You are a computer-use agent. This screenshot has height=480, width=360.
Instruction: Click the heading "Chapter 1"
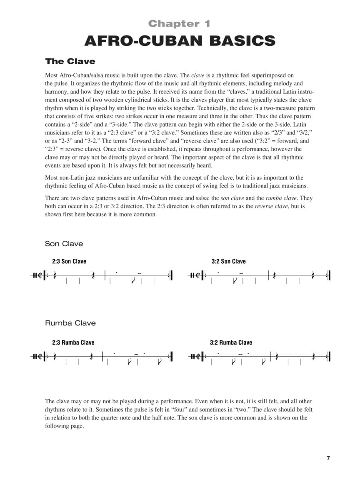(x=180, y=23)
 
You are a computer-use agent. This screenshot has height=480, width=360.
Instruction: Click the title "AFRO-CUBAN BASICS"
(x=180, y=41)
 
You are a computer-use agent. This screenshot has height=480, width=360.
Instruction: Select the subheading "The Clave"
(x=70, y=61)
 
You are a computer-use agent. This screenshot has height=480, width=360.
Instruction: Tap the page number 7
(x=328, y=447)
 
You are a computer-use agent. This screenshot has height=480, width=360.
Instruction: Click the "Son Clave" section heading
(x=64, y=244)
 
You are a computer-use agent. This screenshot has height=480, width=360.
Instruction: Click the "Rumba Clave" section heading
(x=70, y=323)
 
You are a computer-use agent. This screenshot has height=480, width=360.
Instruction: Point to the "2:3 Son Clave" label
(x=69, y=261)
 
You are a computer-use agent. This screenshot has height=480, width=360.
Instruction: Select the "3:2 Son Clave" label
(x=228, y=261)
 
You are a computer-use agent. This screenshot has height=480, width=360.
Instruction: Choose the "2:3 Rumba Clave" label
(x=73, y=342)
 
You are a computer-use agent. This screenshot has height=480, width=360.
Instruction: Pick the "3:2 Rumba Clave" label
(x=231, y=342)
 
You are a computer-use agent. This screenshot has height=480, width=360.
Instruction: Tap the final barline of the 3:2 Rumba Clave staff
(x=329, y=356)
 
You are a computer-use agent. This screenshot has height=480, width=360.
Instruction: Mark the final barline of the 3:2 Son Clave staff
(x=329, y=275)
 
